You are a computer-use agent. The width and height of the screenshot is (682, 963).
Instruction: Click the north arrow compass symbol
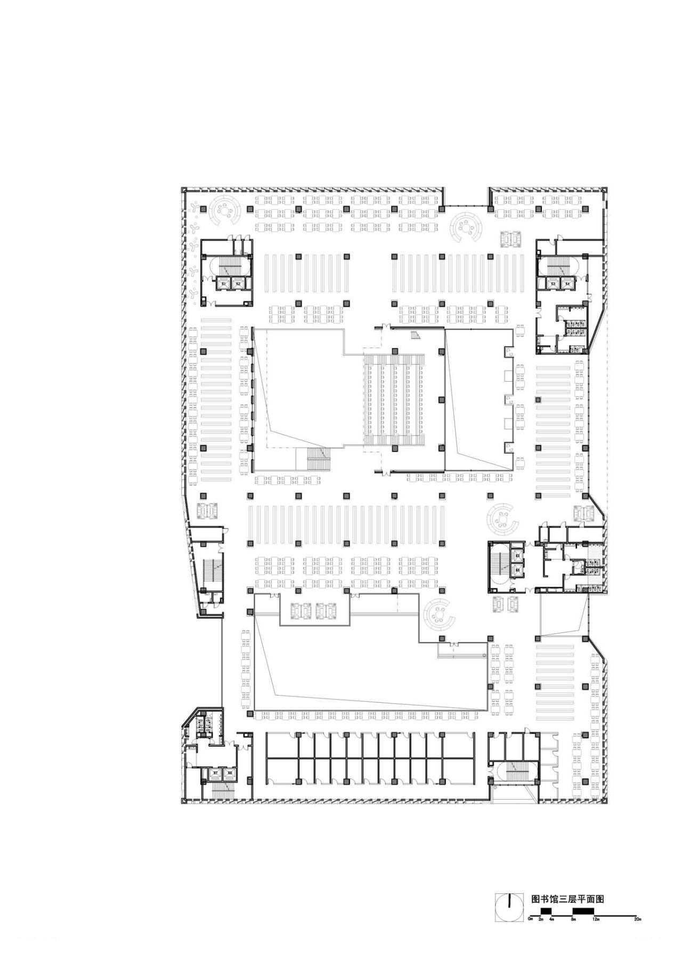(509, 907)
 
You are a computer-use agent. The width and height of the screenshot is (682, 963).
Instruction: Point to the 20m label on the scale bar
(637, 919)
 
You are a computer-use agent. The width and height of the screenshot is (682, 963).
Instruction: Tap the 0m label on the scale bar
(530, 919)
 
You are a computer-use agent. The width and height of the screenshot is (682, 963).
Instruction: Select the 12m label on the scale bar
(595, 919)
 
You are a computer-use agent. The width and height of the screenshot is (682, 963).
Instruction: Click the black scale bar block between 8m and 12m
(583, 911)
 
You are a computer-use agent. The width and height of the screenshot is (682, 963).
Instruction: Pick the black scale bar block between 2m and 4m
(546, 911)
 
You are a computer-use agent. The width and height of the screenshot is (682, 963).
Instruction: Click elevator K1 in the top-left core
(224, 284)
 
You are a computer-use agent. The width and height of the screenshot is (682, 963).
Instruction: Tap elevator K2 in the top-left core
(238, 284)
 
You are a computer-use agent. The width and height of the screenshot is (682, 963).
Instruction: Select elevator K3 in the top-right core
(554, 284)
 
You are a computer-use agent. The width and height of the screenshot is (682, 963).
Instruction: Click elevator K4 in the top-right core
(567, 284)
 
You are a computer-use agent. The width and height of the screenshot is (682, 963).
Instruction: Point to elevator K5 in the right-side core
(517, 556)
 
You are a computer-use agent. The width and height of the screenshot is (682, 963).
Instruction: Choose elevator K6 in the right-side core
(517, 569)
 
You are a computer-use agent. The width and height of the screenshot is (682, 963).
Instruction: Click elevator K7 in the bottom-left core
(215, 772)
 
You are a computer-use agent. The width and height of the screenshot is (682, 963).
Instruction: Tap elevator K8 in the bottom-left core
(230, 772)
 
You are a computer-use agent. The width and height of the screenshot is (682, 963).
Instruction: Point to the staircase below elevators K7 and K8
(223, 791)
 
